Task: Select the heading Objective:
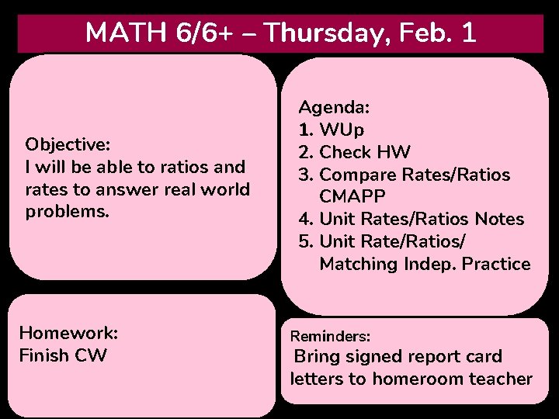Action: coord(68,144)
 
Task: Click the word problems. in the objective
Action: coord(68,211)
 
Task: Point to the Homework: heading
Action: coord(68,333)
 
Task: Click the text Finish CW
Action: coord(63,355)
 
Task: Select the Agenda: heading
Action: coord(334,106)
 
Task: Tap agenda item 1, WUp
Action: coord(342,129)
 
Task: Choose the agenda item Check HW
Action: coord(365,151)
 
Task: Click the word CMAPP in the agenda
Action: coord(352,196)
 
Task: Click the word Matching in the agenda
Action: coord(359,264)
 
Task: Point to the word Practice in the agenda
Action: coord(496,264)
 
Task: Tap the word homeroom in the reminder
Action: coord(419,379)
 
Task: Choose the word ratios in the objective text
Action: coord(189,167)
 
